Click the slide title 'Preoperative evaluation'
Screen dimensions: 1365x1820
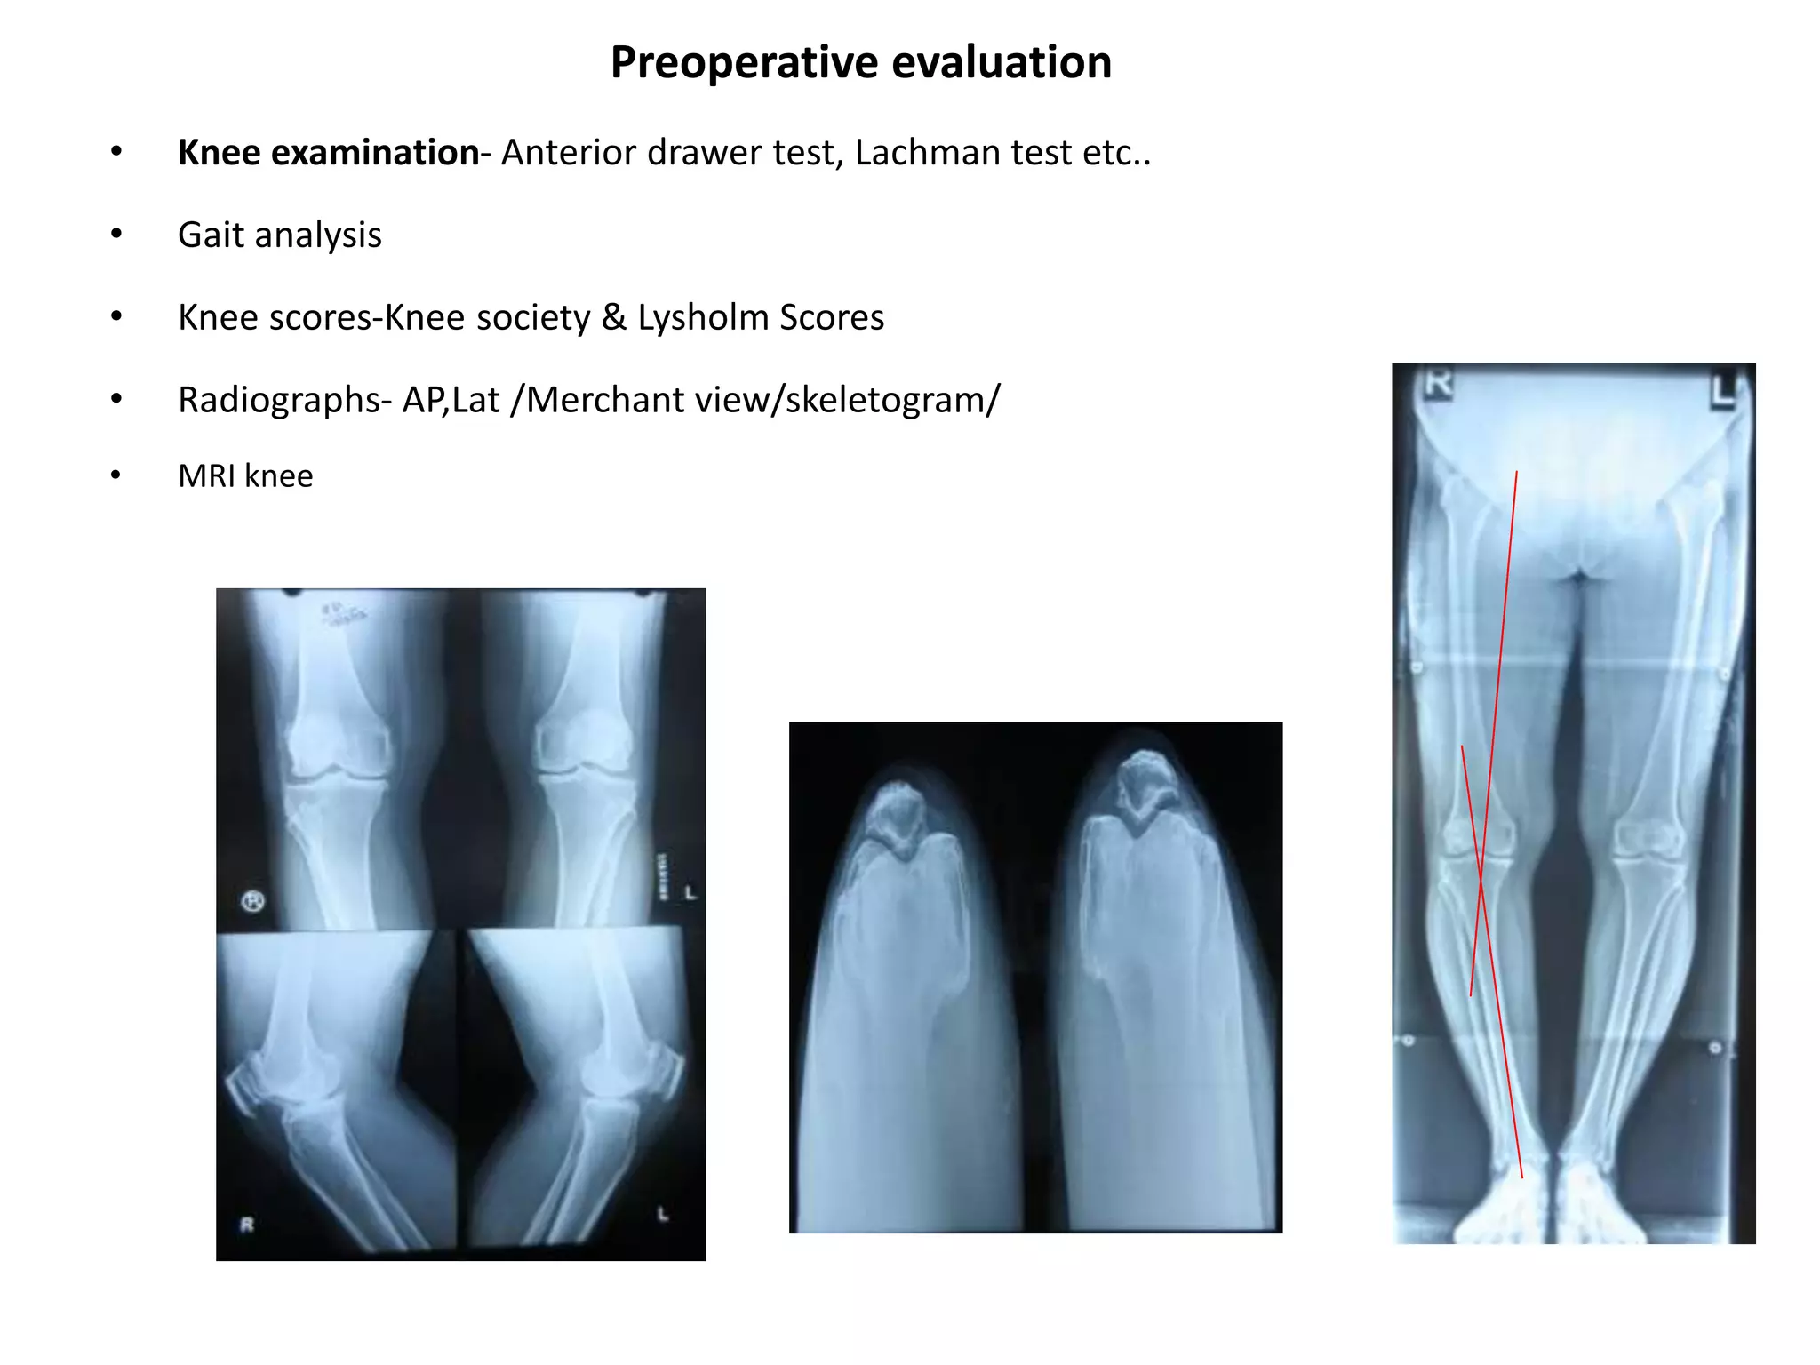coord(860,63)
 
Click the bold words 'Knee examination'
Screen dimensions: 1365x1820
coord(328,153)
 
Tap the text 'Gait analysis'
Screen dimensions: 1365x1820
coord(279,235)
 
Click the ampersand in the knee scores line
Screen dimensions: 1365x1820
coord(613,317)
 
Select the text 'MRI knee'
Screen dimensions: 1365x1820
coord(245,476)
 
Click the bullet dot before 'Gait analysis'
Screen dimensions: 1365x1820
coord(116,234)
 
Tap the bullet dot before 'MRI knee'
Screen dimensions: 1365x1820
coord(116,475)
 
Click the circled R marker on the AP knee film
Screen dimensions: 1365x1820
coord(253,902)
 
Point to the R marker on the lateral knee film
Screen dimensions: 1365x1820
coord(247,1225)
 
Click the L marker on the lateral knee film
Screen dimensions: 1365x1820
coord(662,1214)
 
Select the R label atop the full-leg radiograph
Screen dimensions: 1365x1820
coord(1438,384)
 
